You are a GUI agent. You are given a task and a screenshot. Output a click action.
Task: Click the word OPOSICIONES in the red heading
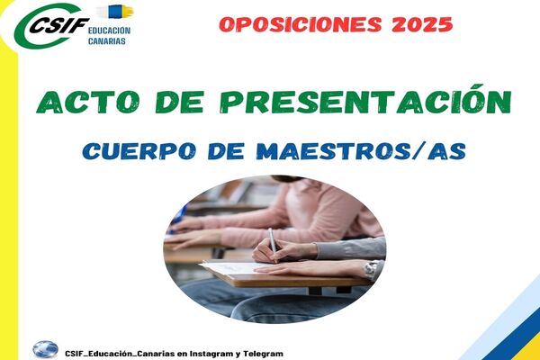pyautogui.click(x=301, y=24)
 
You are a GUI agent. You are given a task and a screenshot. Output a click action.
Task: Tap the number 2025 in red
pyautogui.click(x=422, y=24)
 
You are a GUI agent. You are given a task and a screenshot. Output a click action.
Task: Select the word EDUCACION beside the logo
pyautogui.click(x=109, y=31)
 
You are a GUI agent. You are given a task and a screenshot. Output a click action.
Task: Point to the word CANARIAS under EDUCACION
pyautogui.click(x=107, y=41)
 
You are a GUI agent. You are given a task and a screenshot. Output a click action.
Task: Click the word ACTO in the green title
pyautogui.click(x=88, y=102)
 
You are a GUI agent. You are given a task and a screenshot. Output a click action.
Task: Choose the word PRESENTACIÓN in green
pyautogui.click(x=365, y=100)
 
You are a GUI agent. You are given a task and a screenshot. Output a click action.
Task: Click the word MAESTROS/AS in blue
pyautogui.click(x=362, y=151)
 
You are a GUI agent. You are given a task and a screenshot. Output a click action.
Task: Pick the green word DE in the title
pyautogui.click(x=179, y=102)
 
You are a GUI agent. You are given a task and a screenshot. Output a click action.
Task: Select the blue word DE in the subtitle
pyautogui.click(x=226, y=151)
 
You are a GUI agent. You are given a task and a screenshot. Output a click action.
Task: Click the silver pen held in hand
pyautogui.click(x=273, y=244)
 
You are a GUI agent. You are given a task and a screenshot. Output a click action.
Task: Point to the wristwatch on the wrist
pyautogui.click(x=372, y=269)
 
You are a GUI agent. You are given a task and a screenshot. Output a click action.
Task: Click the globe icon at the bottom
pyautogui.click(x=46, y=350)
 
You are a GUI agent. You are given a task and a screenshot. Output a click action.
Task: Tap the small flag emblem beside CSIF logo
pyautogui.click(x=116, y=12)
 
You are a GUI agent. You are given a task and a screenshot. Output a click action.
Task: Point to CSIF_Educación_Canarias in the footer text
pyautogui.click(x=120, y=354)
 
